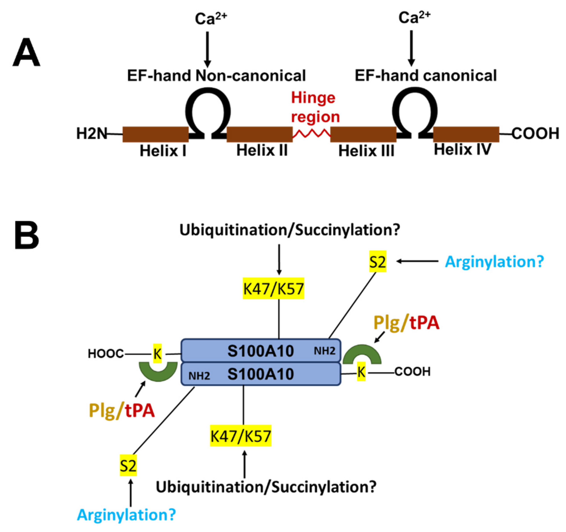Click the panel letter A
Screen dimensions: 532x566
click(26, 53)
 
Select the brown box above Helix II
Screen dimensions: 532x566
click(259, 134)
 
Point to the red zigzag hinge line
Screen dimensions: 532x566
click(312, 133)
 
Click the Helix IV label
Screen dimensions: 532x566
click(462, 150)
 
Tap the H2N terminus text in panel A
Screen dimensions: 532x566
click(92, 133)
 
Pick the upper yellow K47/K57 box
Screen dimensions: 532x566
click(273, 288)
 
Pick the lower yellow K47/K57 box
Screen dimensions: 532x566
click(241, 436)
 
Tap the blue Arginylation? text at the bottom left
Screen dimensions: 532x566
click(126, 515)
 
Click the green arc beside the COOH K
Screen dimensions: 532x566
click(362, 354)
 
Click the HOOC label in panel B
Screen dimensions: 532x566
click(106, 354)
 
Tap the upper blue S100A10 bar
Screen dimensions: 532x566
click(260, 351)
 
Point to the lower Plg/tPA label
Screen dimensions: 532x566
click(122, 411)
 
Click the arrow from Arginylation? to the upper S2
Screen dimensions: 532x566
click(417, 261)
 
